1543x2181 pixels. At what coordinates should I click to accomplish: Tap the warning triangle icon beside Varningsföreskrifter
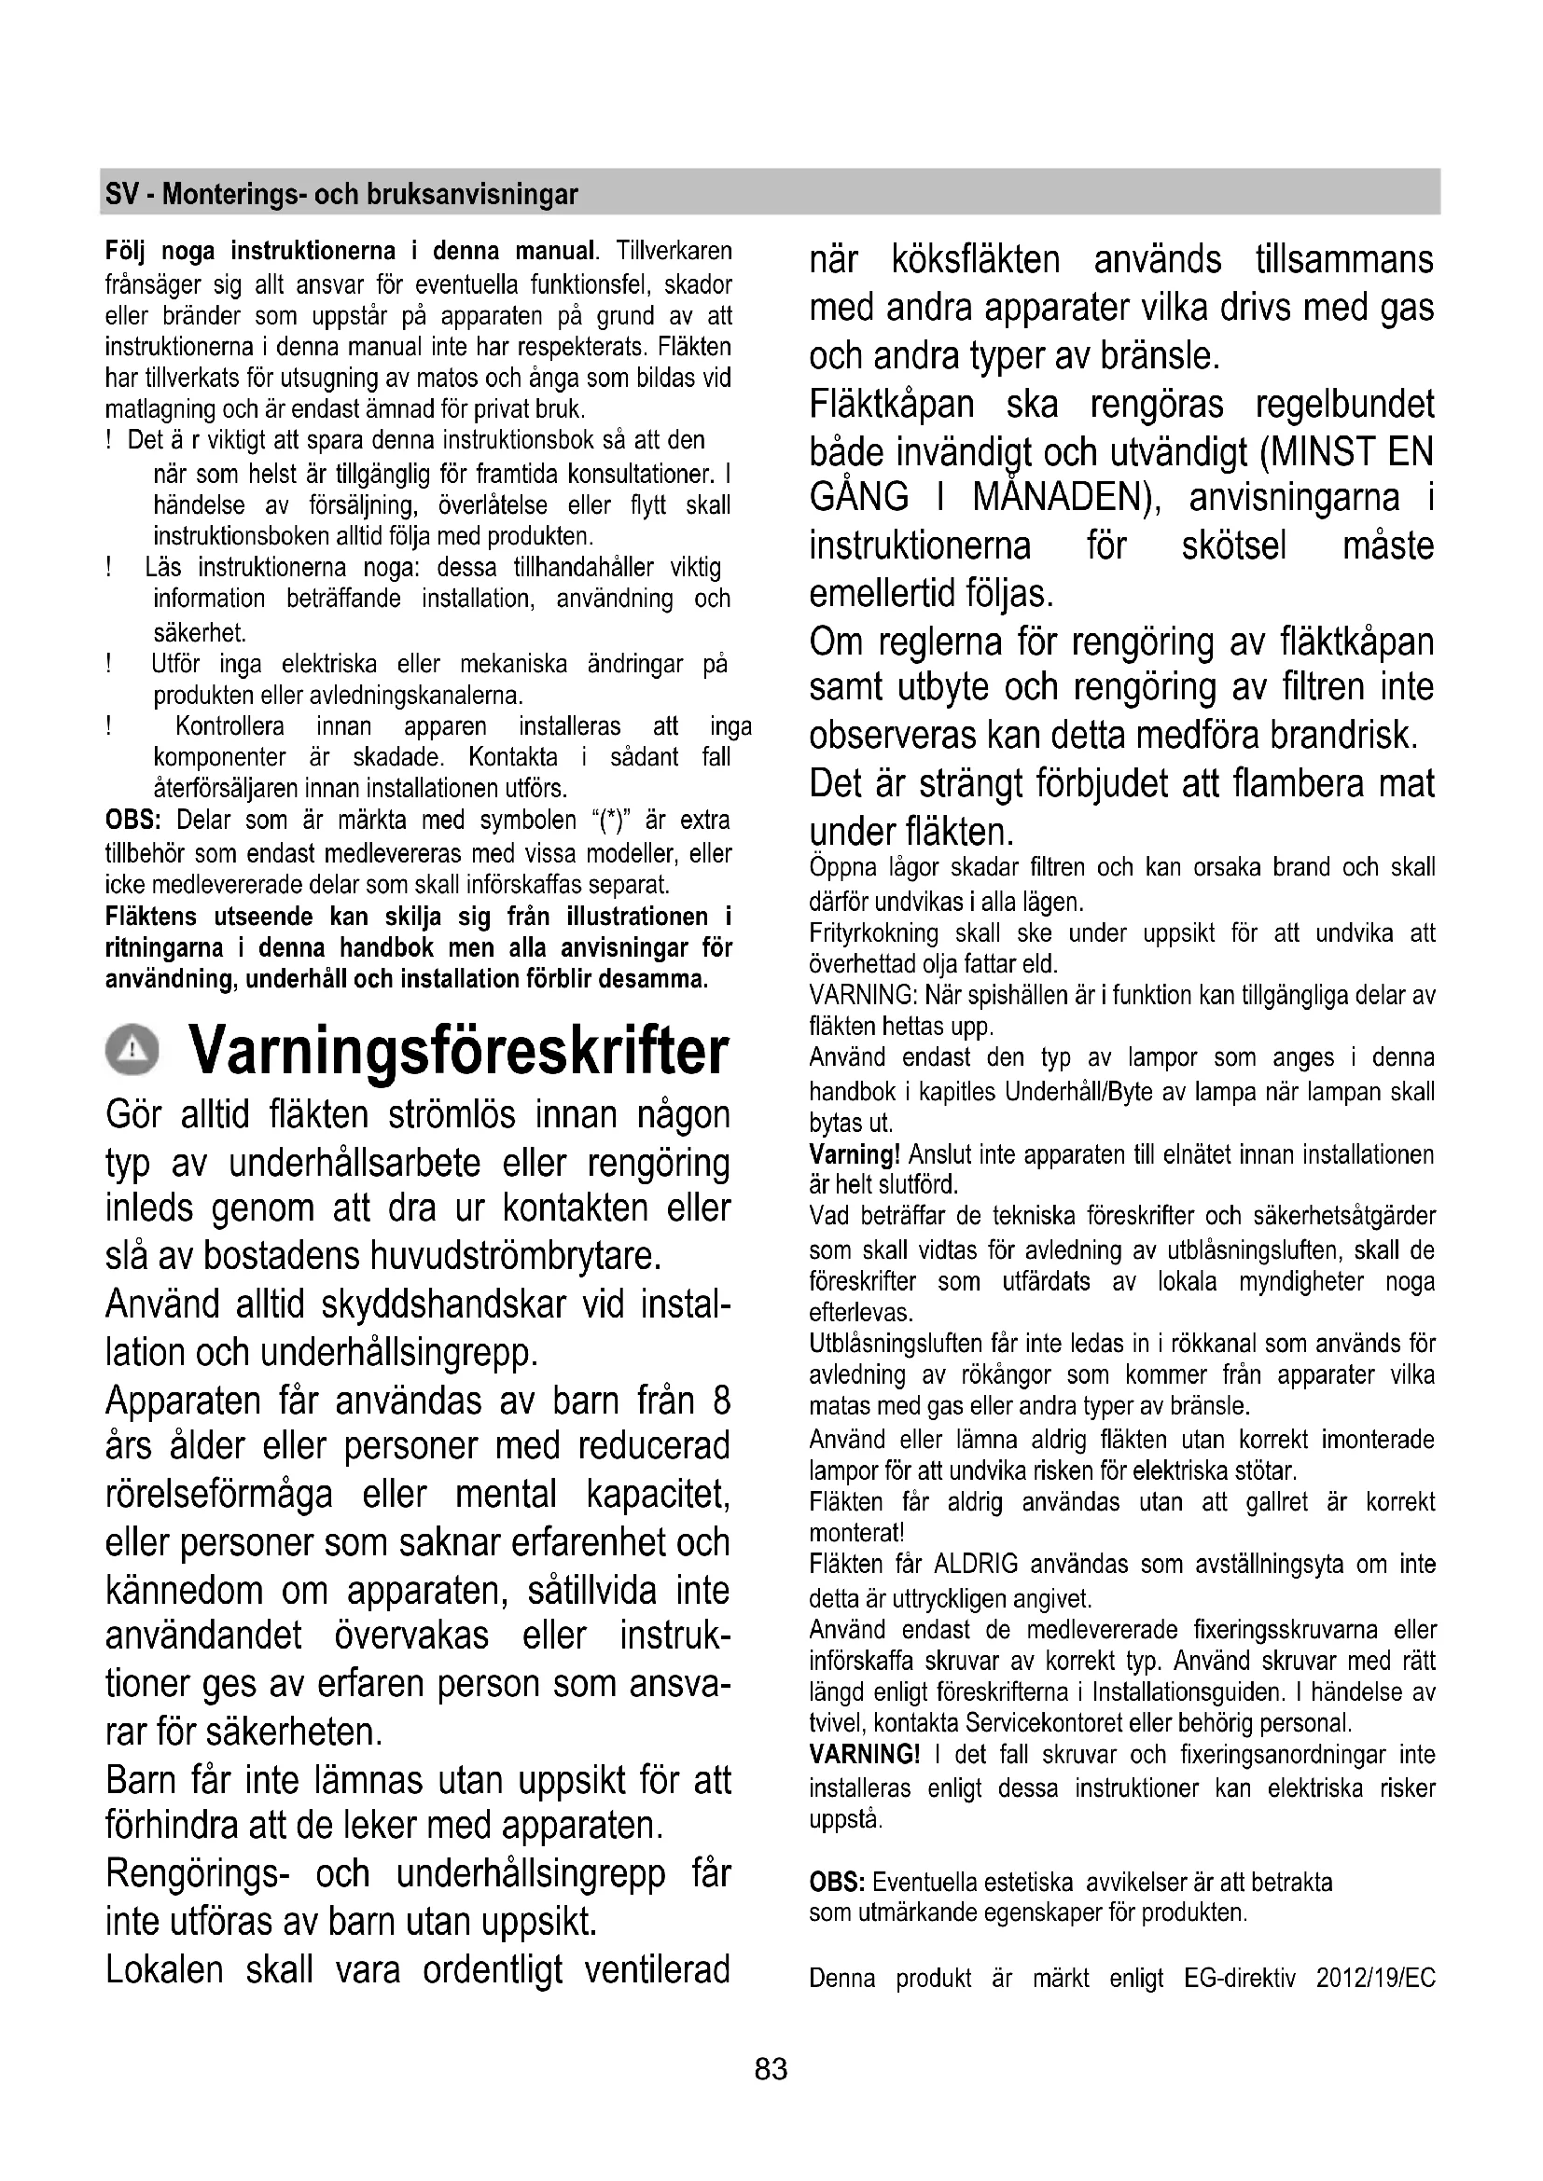[x=134, y=1052]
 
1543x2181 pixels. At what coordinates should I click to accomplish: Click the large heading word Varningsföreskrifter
[x=459, y=1051]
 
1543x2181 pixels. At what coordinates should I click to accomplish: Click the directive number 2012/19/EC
[x=1376, y=1979]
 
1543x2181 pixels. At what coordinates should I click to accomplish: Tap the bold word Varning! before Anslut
[x=855, y=1155]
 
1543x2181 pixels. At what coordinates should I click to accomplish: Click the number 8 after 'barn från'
[x=721, y=1401]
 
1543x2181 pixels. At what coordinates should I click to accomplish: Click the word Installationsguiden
[x=1186, y=1691]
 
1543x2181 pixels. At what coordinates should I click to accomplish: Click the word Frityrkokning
[x=873, y=933]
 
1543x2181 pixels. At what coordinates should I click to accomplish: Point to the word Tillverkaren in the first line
[x=674, y=252]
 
